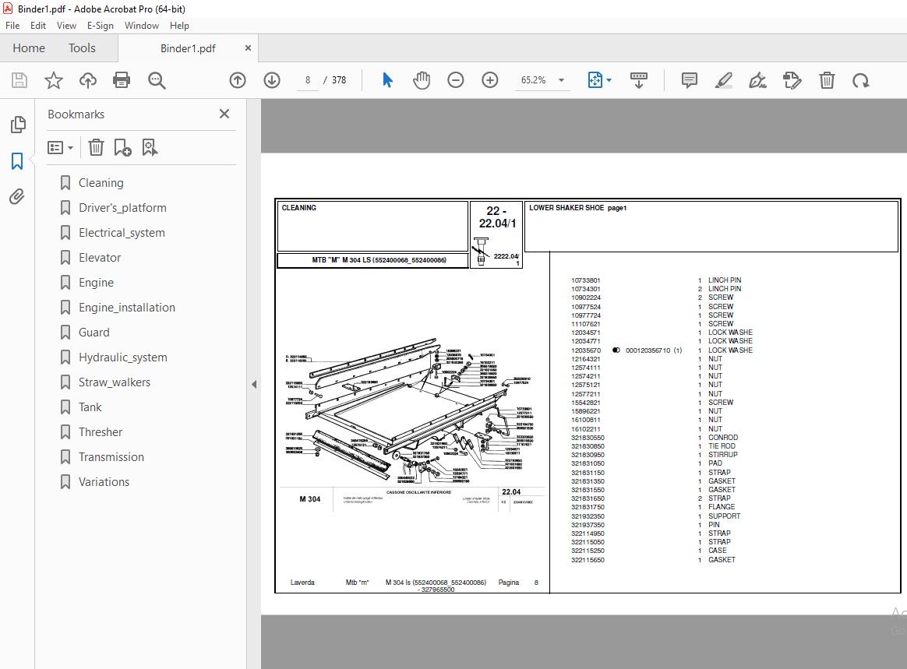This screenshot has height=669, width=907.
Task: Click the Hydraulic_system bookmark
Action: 122,357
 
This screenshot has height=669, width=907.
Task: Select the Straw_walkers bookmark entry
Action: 114,382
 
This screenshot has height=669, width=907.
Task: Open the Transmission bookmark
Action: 111,457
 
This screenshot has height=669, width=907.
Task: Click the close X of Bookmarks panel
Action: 224,114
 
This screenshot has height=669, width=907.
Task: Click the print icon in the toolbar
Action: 122,80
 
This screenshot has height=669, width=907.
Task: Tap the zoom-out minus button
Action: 456,80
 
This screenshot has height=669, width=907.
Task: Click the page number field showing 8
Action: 308,80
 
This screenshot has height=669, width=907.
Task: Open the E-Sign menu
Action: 101,26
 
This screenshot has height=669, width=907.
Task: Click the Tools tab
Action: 82,48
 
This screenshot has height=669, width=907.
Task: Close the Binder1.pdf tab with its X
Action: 249,48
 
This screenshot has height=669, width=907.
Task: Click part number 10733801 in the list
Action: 586,280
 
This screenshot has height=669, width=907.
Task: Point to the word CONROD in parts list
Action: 722,438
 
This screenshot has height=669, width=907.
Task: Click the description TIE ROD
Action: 722,446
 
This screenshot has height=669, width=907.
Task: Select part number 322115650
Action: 588,560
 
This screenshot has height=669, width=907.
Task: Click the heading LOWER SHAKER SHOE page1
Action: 577,208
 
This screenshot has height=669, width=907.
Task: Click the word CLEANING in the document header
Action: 298,208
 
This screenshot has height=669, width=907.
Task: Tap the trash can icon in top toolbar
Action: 827,80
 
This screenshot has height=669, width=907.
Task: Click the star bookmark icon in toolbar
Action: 53,80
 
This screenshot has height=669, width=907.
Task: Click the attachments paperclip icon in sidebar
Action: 17,197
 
